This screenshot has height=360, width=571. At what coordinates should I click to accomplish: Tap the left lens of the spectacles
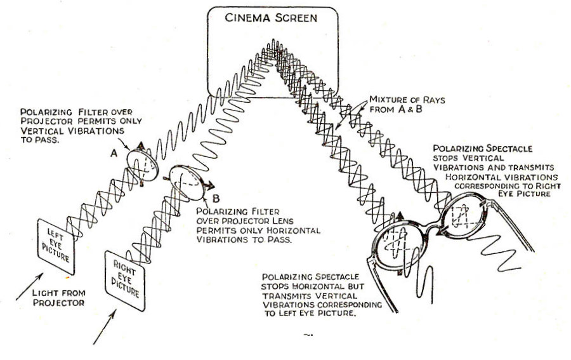[398, 245]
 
